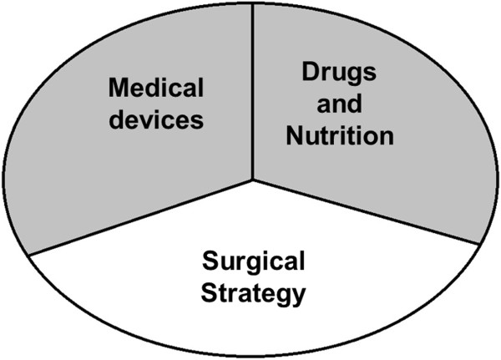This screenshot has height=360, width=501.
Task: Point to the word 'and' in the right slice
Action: click(x=339, y=104)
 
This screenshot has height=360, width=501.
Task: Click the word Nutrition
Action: click(x=339, y=136)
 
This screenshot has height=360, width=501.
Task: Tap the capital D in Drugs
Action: click(x=308, y=74)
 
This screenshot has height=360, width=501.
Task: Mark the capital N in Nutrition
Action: click(x=293, y=136)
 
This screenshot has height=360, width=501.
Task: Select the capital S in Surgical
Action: click(x=210, y=264)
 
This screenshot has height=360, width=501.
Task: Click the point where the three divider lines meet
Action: click(x=252, y=179)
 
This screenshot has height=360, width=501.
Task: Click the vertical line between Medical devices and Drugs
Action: click(x=252, y=92)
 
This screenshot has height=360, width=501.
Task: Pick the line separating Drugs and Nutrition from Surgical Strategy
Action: click(x=367, y=212)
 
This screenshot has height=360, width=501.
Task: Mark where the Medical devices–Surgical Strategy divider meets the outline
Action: click(x=27, y=254)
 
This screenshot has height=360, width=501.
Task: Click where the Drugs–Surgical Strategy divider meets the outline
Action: click(x=480, y=244)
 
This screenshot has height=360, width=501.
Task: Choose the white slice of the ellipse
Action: click(x=250, y=326)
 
